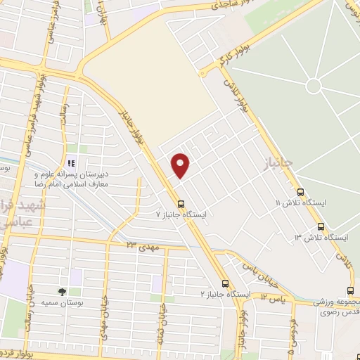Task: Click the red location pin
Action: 181,165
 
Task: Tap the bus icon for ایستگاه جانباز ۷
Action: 181,204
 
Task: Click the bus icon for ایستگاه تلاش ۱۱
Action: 301,192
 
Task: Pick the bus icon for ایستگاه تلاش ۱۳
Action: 321,227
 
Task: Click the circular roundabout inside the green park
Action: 314,86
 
